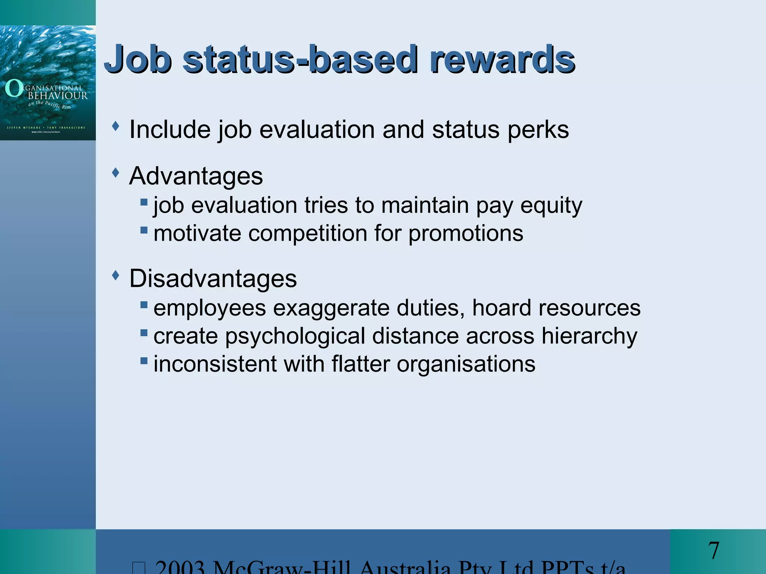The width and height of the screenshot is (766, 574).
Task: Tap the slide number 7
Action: pos(713,551)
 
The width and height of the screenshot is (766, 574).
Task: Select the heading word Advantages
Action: pos(196,176)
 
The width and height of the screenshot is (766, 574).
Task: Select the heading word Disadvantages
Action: pos(213,278)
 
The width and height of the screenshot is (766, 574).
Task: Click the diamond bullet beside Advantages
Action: pos(116,173)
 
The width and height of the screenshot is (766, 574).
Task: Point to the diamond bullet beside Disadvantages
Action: pos(116,276)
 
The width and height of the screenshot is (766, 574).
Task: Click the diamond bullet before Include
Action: pos(116,126)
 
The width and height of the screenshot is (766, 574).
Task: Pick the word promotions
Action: pos(466,234)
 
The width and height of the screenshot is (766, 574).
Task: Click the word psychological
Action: pos(295,336)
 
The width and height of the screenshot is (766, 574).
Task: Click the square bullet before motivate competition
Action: pos(144,230)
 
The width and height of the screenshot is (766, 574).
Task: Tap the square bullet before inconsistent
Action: pos(144,361)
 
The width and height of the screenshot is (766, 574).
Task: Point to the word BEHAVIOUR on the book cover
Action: pos(58,96)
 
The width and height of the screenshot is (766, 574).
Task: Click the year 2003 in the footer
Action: pos(180,567)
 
